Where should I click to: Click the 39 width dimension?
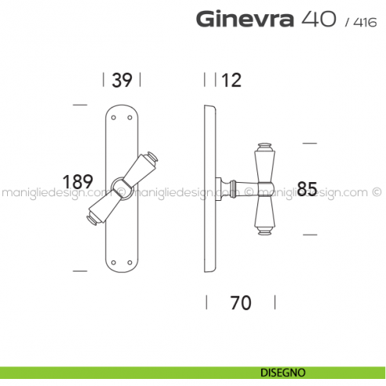122,79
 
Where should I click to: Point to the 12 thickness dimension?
231,79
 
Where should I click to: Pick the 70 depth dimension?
241,302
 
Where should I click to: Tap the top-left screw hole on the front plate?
115,118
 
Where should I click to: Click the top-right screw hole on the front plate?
129,118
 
